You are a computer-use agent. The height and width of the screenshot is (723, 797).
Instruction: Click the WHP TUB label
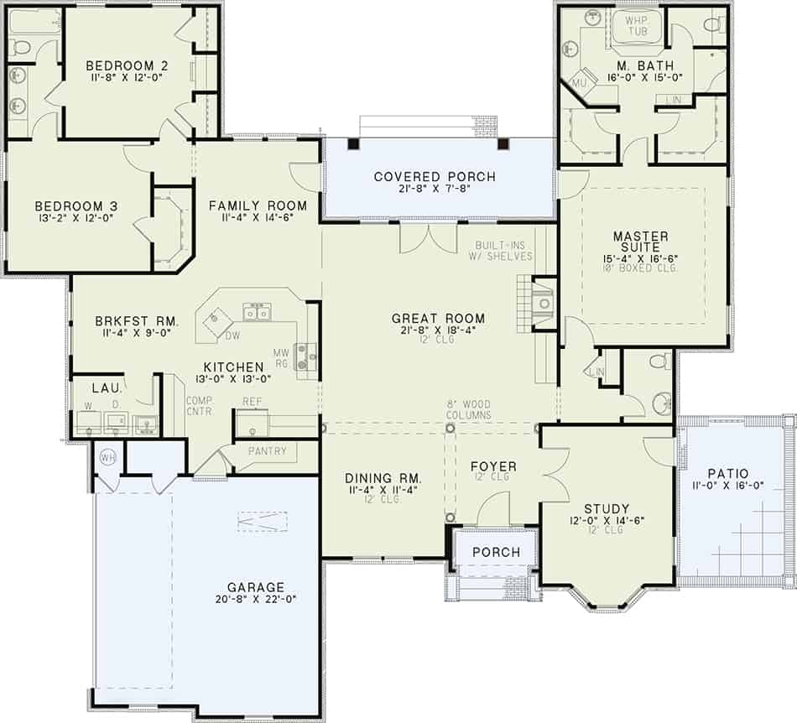638,26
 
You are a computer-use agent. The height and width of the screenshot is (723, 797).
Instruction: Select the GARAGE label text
256,587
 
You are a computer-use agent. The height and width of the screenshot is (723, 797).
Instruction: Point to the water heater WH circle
107,458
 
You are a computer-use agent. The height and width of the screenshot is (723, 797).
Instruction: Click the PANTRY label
267,451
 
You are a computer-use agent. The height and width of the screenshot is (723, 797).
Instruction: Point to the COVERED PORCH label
435,177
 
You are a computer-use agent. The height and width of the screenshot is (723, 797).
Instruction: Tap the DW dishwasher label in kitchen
232,336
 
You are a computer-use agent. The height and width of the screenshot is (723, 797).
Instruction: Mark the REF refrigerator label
253,402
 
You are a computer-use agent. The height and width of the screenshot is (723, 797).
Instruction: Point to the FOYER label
493,466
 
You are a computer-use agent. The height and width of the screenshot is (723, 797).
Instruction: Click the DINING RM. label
383,478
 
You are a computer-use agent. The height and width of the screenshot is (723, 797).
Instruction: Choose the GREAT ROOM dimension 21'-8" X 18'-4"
439,332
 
